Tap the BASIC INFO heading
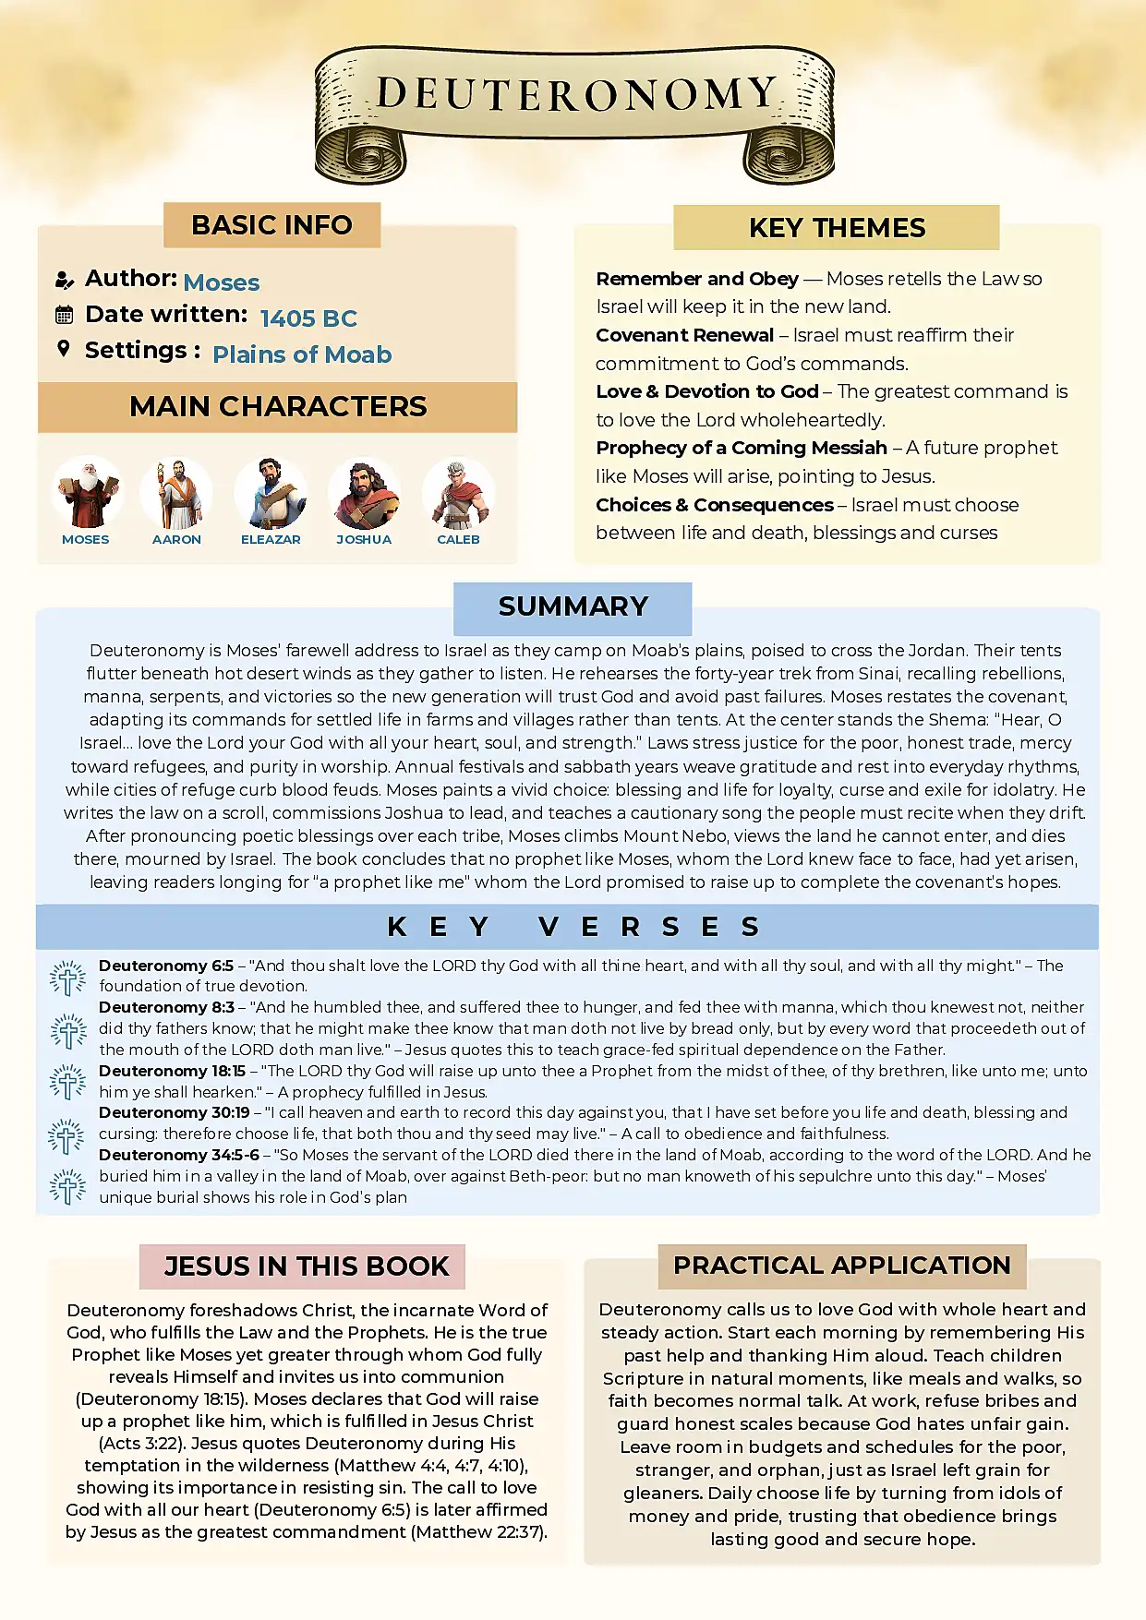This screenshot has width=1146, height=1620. pos(271,225)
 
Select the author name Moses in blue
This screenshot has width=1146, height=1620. pos(222,282)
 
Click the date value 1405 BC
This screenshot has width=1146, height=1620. pos(308,318)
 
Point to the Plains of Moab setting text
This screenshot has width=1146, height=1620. pos(302,354)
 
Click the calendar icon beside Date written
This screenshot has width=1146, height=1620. pos(64,315)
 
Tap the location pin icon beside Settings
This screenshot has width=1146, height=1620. pos(64,349)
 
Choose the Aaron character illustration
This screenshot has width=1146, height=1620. pos(176,494)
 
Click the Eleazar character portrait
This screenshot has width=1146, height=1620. pos(271,494)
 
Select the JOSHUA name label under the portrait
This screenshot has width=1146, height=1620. pos(364,539)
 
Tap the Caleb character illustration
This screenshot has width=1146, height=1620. pos(458,494)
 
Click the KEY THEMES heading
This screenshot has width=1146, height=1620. pos(837,228)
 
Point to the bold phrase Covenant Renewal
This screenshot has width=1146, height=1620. pos(684,335)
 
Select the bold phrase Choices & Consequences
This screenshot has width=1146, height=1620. pos(714,505)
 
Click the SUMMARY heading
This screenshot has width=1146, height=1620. pos(573,606)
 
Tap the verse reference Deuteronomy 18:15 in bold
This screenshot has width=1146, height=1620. pos(172,1071)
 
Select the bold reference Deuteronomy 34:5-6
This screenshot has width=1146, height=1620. pos(178,1155)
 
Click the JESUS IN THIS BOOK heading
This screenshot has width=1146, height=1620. pos(307,1266)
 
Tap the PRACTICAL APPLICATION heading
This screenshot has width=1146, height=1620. pos(841,1266)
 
